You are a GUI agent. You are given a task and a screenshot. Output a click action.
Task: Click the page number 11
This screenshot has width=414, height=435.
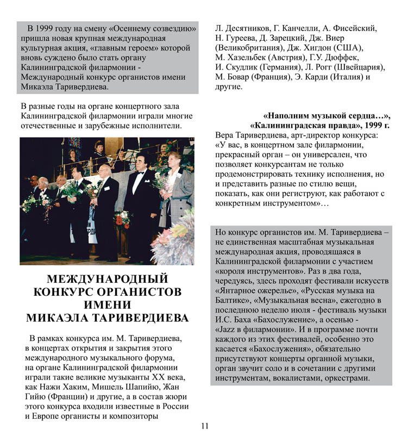click(x=204, y=426)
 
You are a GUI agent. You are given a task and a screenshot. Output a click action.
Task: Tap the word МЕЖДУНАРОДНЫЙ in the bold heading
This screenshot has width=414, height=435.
click(x=108, y=279)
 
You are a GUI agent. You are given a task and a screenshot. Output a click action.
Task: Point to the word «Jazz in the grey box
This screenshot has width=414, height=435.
click(x=229, y=329)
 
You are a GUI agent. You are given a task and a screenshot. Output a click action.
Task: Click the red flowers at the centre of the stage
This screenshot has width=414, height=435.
click(x=122, y=217)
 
